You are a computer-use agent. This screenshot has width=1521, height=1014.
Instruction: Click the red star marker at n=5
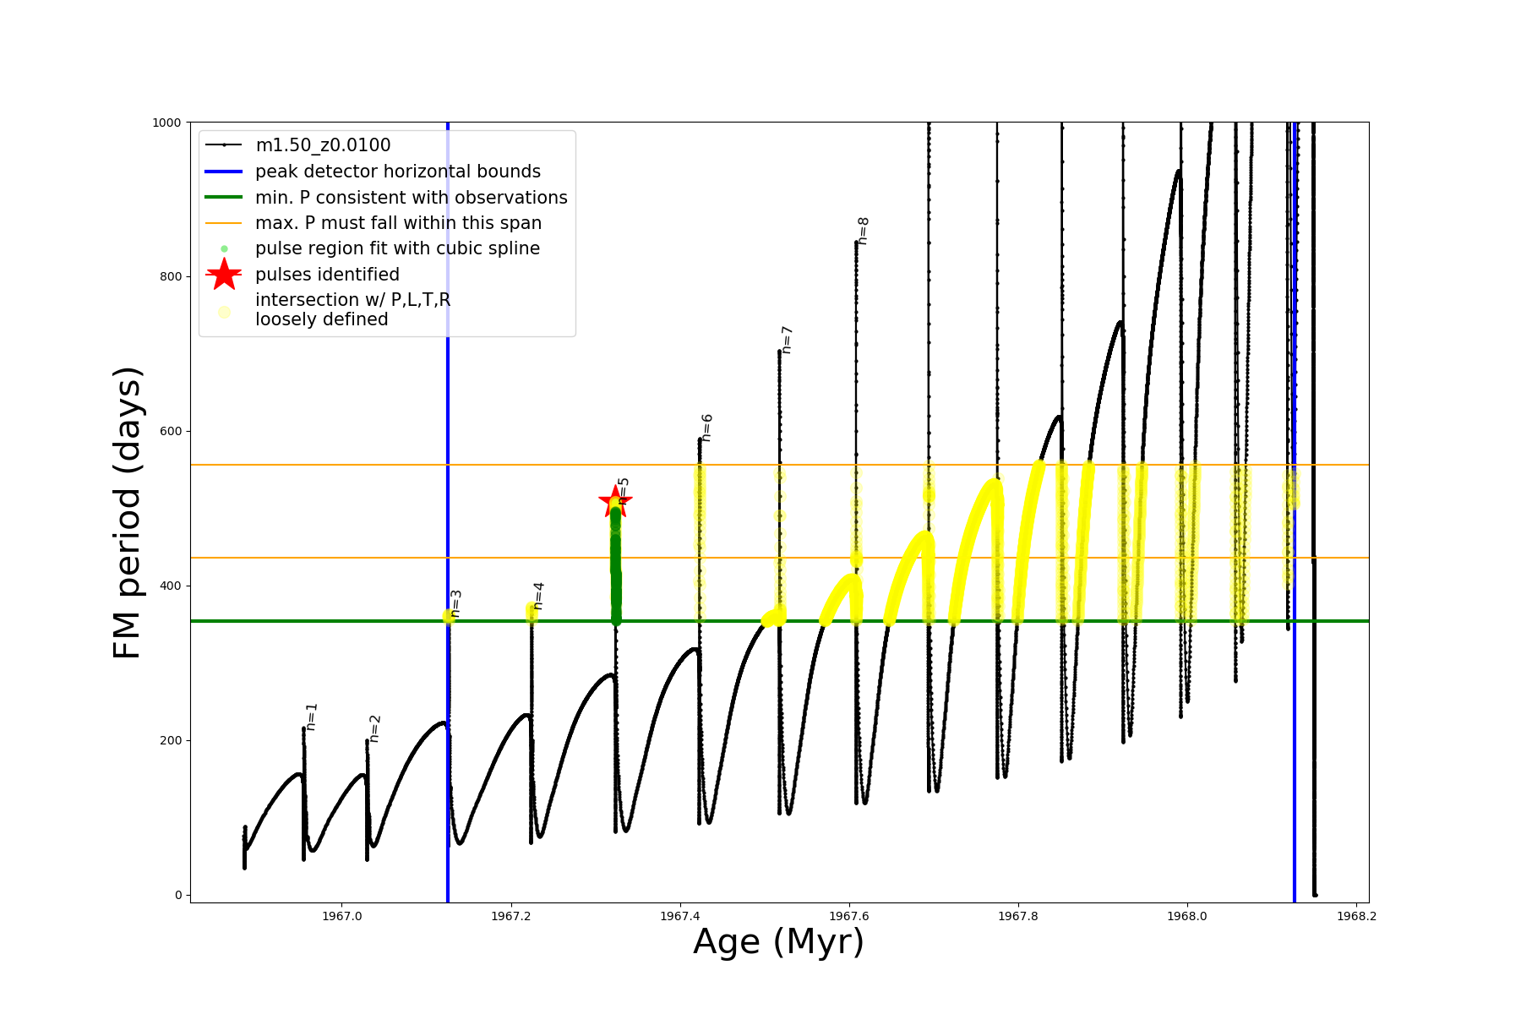pyautogui.click(x=614, y=502)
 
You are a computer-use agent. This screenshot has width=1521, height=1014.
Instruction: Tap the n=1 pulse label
pyautogui.click(x=311, y=717)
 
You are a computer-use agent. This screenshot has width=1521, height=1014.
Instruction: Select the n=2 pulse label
pyautogui.click(x=374, y=728)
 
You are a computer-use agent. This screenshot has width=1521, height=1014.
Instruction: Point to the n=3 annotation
pyautogui.click(x=455, y=603)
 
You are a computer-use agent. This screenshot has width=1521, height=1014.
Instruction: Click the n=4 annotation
pyautogui.click(x=538, y=596)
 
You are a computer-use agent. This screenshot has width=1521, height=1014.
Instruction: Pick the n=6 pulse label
pyautogui.click(x=707, y=428)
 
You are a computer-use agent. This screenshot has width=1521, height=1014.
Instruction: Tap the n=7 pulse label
pyautogui.click(x=787, y=340)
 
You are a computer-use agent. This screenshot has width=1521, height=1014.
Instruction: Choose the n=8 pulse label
pyautogui.click(x=863, y=231)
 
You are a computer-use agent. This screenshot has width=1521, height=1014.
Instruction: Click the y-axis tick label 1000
pyautogui.click(x=166, y=123)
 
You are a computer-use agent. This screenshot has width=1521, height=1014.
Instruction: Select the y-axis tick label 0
pyautogui.click(x=178, y=895)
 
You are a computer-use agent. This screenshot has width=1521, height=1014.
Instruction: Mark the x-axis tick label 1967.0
pyautogui.click(x=341, y=916)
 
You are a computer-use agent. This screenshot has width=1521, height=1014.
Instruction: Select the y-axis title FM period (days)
pyautogui.click(x=127, y=512)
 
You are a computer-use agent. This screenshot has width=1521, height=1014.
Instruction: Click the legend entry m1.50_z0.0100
pyautogui.click(x=323, y=145)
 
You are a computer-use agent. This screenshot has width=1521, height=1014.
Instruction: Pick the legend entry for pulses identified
pyautogui.click(x=327, y=275)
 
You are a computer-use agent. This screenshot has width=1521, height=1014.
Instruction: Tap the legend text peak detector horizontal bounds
pyautogui.click(x=397, y=172)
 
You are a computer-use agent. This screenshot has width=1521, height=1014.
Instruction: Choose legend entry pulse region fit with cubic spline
pyautogui.click(x=397, y=248)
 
